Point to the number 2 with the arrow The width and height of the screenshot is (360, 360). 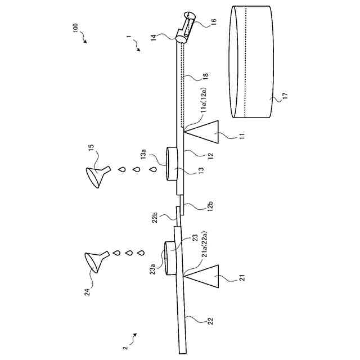click(x=125, y=341)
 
